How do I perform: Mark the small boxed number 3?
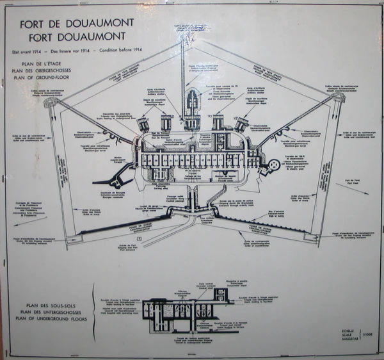pos(130,239)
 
